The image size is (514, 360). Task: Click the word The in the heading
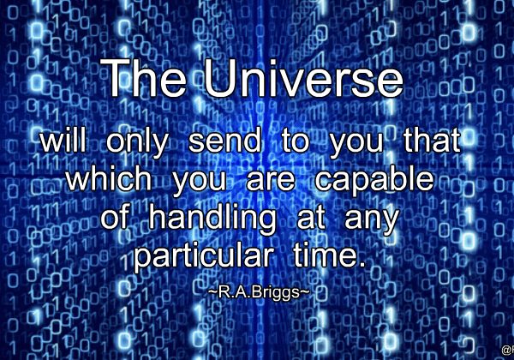144,79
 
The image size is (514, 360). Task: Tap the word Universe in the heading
303,79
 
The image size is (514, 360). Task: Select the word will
63,141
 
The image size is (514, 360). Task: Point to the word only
138,144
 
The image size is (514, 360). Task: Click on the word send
224,141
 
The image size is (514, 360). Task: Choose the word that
432,141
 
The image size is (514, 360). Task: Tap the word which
109,178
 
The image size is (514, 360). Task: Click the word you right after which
200,182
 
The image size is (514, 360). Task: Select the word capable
374,182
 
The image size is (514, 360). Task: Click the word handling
212,219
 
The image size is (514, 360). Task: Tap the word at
311,218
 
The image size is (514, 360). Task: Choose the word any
372,219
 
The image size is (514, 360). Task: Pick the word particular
204,257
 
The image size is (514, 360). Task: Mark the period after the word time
362,263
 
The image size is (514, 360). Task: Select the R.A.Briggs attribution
259,292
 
